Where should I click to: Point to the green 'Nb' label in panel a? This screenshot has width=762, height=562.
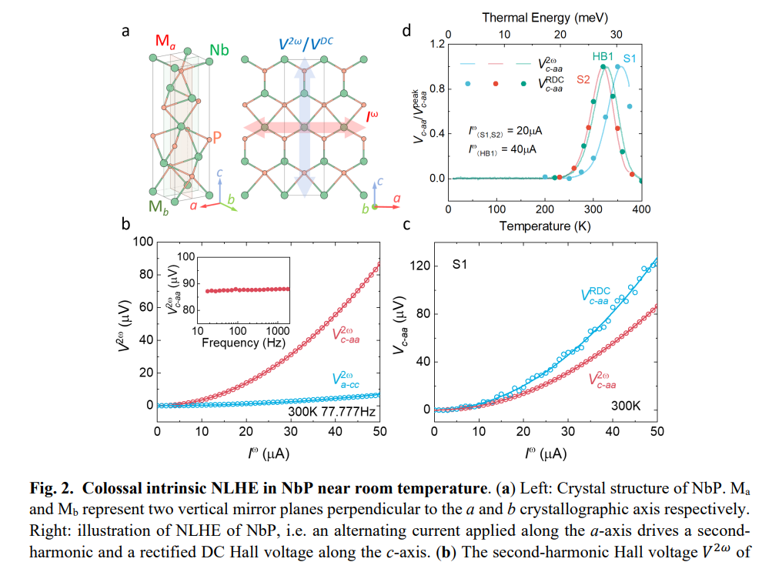(x=219, y=51)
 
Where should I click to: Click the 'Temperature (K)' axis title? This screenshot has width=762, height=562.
(x=545, y=226)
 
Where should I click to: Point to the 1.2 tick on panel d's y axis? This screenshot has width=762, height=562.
(x=437, y=44)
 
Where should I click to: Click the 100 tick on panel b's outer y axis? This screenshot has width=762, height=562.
(x=142, y=242)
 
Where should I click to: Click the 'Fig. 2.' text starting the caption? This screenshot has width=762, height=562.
(x=52, y=488)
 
